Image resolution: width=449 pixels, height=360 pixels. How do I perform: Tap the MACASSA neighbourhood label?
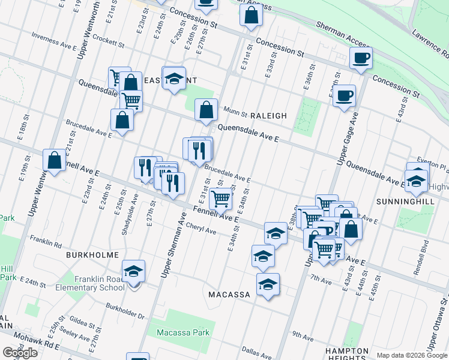click(x=229, y=295)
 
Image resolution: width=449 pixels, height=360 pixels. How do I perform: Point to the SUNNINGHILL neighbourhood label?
click(x=405, y=202)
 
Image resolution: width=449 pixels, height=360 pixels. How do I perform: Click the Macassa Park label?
click(x=182, y=332)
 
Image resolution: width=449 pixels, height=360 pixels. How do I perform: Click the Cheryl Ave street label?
click(x=201, y=230)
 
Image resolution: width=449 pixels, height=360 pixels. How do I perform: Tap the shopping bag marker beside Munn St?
click(x=206, y=110)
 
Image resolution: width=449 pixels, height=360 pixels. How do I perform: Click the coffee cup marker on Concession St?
click(x=361, y=58)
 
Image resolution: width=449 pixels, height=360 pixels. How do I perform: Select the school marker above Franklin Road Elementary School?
click(x=133, y=271)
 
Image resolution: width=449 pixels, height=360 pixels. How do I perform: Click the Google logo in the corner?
click(x=20, y=353)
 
